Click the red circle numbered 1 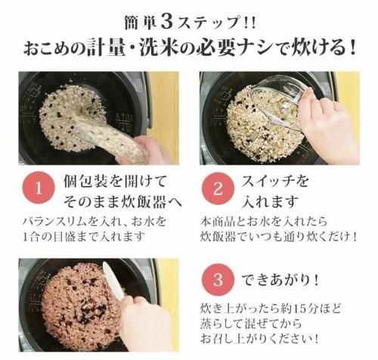tap(39, 188)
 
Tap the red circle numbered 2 tap(218, 188)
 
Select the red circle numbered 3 tap(218, 279)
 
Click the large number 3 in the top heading tap(166, 22)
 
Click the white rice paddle tap(113, 281)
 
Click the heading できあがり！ tap(280, 280)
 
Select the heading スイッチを tap(275, 181)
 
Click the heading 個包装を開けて tap(115, 181)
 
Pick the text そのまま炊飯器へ tap(122, 202)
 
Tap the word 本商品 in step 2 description tap(217, 222)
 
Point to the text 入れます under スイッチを tap(270, 202)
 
